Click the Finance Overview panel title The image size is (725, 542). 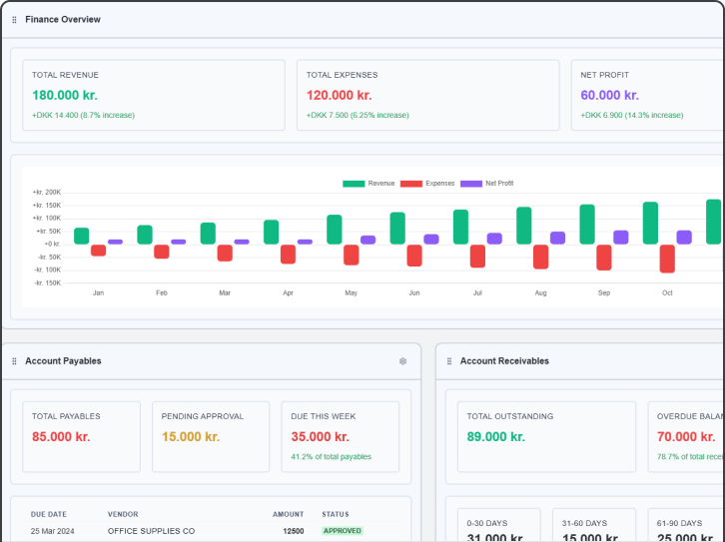63,19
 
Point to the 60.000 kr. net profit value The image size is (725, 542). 609,95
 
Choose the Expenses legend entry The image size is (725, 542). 427,184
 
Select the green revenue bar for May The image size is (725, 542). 335,230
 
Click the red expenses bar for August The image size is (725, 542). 540,257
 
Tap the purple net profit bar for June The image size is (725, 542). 431,240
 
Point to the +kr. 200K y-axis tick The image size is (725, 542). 47,192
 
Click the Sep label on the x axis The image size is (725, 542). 604,293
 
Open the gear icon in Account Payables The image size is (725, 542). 402,361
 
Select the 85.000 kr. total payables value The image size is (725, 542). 61,436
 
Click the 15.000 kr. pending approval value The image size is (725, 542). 191,436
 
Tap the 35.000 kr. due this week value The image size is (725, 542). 320,436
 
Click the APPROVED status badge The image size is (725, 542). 343,531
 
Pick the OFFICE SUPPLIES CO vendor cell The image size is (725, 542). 151,531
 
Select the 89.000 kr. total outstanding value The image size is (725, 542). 496,436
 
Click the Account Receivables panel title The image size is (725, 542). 504,361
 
